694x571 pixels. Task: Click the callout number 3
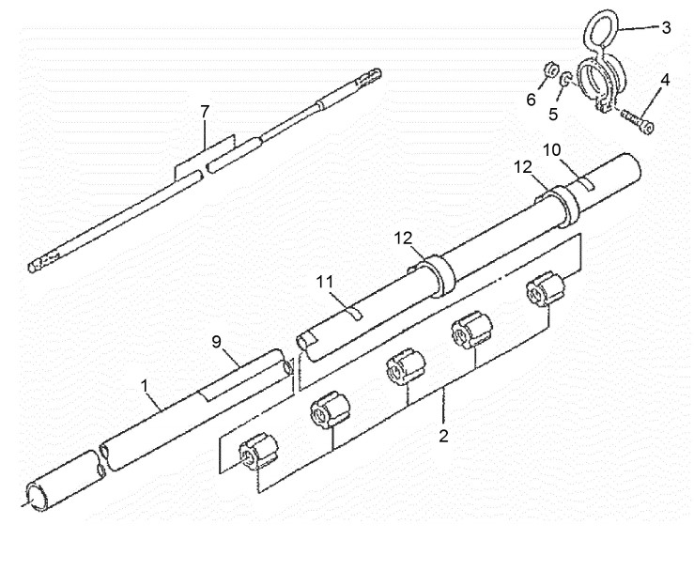click(x=666, y=28)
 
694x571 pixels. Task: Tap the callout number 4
click(x=665, y=80)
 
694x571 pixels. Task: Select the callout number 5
click(x=553, y=114)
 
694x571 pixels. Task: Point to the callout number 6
click(x=531, y=100)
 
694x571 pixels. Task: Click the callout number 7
click(x=204, y=112)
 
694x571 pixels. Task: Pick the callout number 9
click(x=216, y=342)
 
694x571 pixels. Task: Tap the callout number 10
click(x=552, y=150)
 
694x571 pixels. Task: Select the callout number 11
click(x=325, y=282)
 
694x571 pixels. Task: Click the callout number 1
click(x=145, y=386)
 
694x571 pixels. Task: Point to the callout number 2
click(x=443, y=436)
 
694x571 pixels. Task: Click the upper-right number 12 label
click(x=523, y=167)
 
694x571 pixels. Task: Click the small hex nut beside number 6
click(x=550, y=69)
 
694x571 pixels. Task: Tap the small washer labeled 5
click(x=565, y=80)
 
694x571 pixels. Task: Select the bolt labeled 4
click(x=638, y=120)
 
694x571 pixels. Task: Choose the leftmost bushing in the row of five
click(x=258, y=453)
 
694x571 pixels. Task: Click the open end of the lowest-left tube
click(x=37, y=497)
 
